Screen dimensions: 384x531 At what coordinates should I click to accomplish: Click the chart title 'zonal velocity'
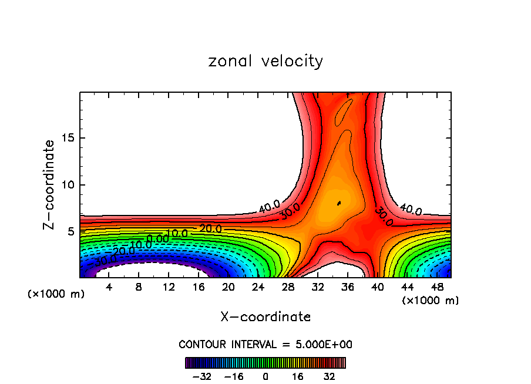(x=265, y=61)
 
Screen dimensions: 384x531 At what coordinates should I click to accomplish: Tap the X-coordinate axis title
(x=265, y=317)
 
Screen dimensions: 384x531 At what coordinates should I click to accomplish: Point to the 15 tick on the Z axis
(x=70, y=138)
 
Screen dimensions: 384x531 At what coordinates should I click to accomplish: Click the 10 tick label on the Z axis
(x=70, y=184)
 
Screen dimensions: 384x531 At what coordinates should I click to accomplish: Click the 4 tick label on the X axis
(x=109, y=288)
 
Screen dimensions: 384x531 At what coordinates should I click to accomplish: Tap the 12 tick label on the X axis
(x=169, y=288)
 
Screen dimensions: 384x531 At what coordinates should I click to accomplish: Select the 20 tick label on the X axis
(x=228, y=288)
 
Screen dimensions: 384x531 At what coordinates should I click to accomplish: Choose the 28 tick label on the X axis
(x=288, y=288)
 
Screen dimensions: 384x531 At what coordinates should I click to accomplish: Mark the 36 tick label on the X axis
(x=347, y=288)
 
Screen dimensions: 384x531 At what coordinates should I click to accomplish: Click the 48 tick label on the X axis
(x=436, y=288)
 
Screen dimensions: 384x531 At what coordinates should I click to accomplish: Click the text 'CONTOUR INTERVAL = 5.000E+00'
(x=265, y=345)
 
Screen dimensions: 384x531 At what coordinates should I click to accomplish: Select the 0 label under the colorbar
(x=265, y=376)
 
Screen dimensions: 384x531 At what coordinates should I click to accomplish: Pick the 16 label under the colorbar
(x=298, y=376)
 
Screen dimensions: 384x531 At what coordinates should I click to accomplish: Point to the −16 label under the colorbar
(x=234, y=376)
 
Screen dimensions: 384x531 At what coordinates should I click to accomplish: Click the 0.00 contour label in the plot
(x=157, y=238)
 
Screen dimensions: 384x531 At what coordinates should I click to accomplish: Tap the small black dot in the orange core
(x=339, y=204)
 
